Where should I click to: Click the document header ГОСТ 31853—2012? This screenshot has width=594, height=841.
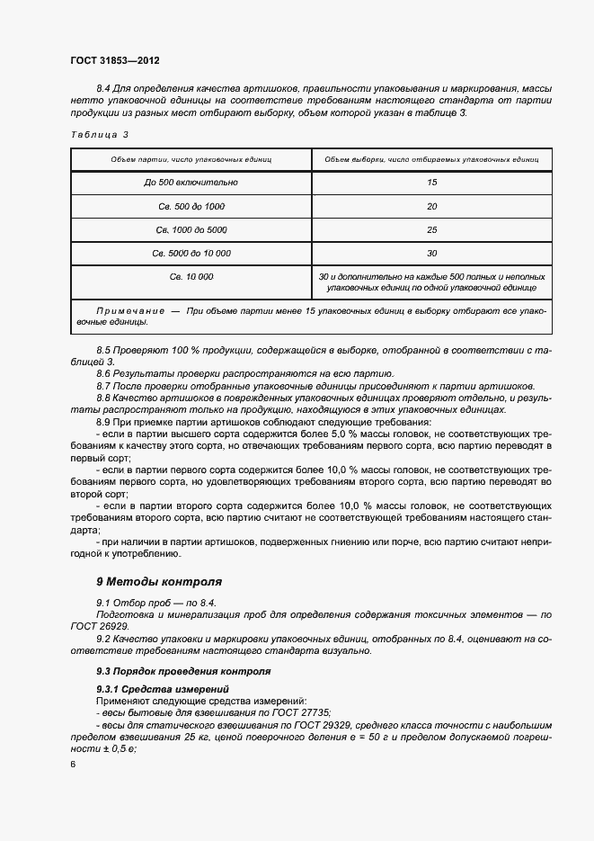coord(114,60)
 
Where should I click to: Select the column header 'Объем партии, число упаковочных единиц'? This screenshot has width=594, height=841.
coord(191,158)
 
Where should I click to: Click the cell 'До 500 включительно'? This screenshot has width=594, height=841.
coord(191,183)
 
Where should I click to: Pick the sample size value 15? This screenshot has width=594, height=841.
coord(431,183)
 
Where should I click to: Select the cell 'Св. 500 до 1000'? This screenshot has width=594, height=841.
coord(191,206)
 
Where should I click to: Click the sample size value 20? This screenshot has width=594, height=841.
coord(431,206)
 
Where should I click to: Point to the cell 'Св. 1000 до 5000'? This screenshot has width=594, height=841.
coord(191,229)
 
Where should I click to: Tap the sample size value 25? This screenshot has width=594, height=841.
coord(431,229)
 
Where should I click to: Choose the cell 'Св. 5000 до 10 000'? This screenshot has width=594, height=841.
coord(191,253)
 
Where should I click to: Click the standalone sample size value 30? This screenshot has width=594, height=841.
coord(431,253)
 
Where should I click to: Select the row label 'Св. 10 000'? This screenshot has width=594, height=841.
coord(191,276)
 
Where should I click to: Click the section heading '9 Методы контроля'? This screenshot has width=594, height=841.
coord(158,582)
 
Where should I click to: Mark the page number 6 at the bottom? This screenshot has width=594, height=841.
coord(73,764)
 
